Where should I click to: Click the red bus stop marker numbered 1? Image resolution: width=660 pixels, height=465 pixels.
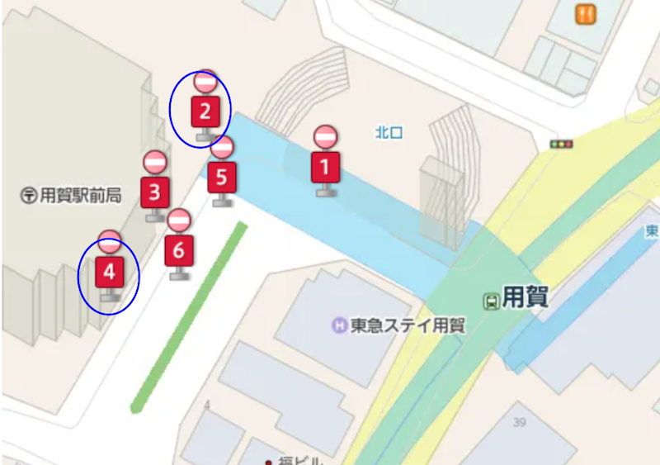pyautogui.click(x=325, y=167)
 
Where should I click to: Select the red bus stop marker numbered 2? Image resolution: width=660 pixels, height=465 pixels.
pyautogui.click(x=205, y=111)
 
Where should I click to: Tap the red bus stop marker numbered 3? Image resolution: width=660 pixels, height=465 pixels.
pyautogui.click(x=155, y=192)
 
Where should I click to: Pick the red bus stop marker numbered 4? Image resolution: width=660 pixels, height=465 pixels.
pyautogui.click(x=110, y=271)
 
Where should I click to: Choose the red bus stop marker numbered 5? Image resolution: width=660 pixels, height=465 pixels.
pyautogui.click(x=222, y=177)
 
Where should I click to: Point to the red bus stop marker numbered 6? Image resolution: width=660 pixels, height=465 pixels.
pyautogui.click(x=179, y=250)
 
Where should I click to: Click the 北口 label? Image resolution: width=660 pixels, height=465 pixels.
pyautogui.click(x=389, y=131)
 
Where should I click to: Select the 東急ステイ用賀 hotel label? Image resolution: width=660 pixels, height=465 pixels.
pyautogui.click(x=407, y=325)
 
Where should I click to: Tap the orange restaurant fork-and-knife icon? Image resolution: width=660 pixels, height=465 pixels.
pyautogui.click(x=587, y=14)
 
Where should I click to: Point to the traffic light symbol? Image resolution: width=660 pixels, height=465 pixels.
pyautogui.click(x=562, y=145)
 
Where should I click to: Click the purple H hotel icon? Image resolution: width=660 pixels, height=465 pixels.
pyautogui.click(x=339, y=325)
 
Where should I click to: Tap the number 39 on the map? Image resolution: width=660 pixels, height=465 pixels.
pyautogui.click(x=519, y=423)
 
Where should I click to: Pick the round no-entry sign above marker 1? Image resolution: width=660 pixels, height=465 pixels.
pyautogui.click(x=326, y=136)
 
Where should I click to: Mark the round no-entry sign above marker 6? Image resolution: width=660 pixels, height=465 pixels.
pyautogui.click(x=179, y=220)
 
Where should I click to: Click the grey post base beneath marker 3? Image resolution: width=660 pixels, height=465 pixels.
pyautogui.click(x=155, y=216)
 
